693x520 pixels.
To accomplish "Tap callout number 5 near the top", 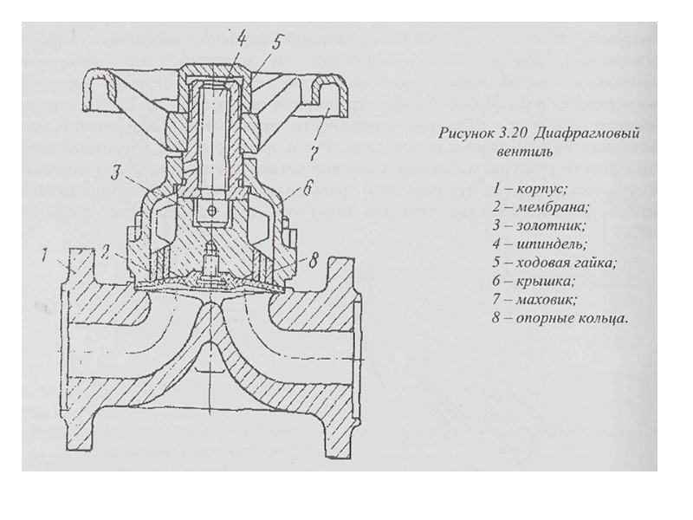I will [276, 41].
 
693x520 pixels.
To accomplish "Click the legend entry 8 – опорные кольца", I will [557, 318].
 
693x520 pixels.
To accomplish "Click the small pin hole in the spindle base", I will [207, 211].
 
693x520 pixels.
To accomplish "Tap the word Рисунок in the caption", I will [467, 134].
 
